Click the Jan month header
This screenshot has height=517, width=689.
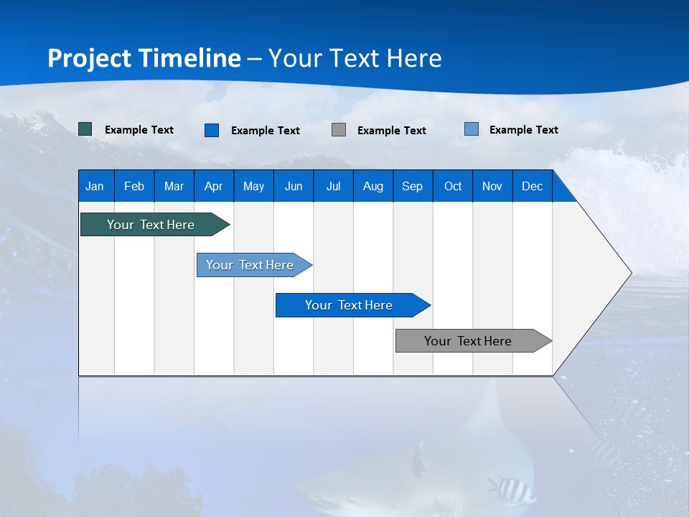pos(95,186)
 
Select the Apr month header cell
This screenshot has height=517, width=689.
pos(214,186)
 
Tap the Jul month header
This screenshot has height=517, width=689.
pos(333,186)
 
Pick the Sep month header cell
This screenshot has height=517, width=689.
pos(413,186)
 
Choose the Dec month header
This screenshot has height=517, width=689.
pos(532,186)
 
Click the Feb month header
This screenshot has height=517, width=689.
pos(134,186)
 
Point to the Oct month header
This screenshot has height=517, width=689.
pos(453,186)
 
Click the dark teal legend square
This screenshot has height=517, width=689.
pos(85,129)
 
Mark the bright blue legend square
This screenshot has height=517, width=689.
pos(212,130)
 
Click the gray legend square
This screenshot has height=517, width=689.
pos(339,129)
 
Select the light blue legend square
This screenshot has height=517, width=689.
pos(472,129)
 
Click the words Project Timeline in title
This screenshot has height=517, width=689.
pos(144,58)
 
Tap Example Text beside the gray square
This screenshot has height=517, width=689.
pos(391,131)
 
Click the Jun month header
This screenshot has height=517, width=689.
pos(294,186)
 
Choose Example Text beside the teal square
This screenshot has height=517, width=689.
pos(139,130)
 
